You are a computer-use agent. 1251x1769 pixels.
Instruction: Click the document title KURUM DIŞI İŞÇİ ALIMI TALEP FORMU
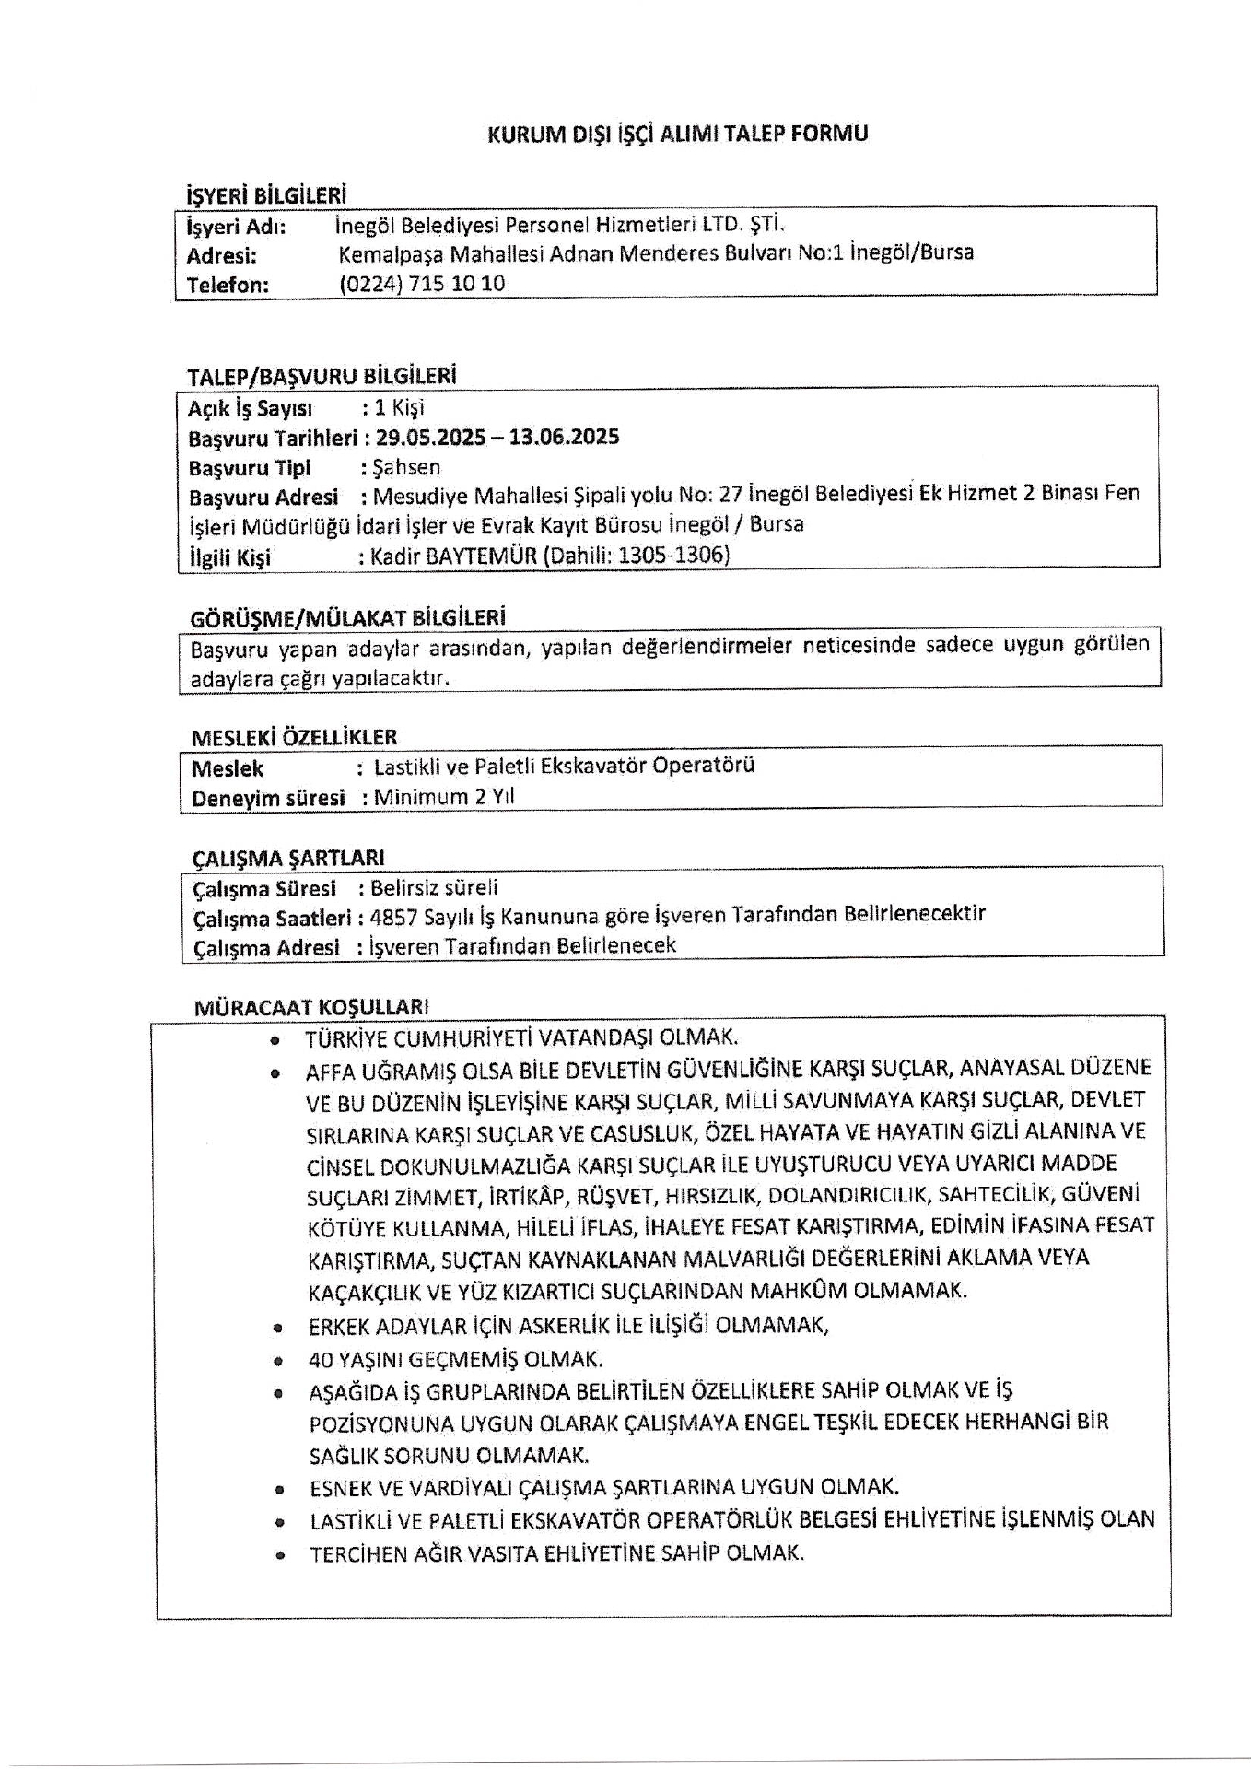677,135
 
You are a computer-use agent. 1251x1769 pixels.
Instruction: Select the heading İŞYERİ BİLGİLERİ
266,194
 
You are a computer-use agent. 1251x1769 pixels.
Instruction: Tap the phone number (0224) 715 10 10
422,284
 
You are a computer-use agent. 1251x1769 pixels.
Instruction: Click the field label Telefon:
228,285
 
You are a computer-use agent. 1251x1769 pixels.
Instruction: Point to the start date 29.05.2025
430,437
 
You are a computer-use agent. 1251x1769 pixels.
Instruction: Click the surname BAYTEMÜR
484,556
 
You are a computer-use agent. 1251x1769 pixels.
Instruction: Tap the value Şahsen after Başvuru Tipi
406,467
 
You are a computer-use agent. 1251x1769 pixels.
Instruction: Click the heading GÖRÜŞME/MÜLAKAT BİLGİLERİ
348,616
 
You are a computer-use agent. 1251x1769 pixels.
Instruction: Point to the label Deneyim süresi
268,798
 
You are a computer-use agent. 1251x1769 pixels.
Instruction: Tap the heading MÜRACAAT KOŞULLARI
311,1007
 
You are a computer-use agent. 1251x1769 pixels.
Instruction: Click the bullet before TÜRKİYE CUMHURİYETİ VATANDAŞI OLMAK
275,1040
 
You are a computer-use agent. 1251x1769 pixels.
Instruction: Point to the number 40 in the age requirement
320,1360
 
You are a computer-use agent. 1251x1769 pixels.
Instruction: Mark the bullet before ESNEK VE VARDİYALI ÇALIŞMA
278,1488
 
